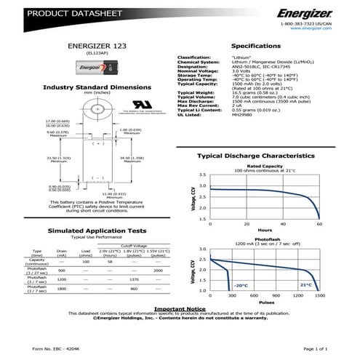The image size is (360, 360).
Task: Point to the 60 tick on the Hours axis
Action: (319, 223)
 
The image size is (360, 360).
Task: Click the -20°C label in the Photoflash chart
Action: (241, 285)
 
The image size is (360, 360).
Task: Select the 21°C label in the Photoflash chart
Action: (305, 285)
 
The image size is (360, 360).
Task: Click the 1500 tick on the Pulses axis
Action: (319, 297)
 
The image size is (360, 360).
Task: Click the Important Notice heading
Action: (181, 308)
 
